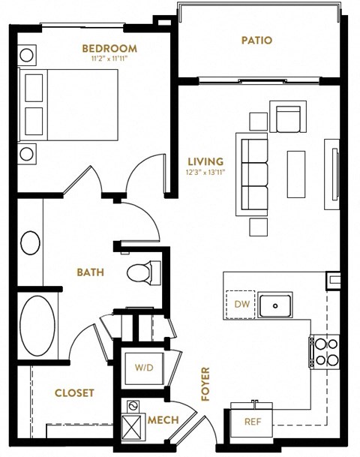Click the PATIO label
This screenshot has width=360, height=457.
(x=256, y=41)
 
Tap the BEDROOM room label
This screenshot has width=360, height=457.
(x=109, y=49)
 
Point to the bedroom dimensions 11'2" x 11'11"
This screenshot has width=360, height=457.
(x=109, y=59)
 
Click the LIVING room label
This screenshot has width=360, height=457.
(x=206, y=161)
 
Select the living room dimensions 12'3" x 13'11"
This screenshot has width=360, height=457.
(x=206, y=171)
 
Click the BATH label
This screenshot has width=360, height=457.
(x=91, y=272)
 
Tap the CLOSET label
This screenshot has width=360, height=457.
(x=74, y=392)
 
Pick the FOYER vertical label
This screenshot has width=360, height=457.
(x=204, y=383)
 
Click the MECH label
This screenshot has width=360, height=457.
(x=163, y=420)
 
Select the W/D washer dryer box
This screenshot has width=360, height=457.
(x=144, y=368)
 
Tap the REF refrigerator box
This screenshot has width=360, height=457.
(x=253, y=422)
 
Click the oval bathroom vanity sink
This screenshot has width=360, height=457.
(x=31, y=243)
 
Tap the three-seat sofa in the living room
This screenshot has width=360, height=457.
(x=253, y=175)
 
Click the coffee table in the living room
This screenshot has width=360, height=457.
(x=296, y=173)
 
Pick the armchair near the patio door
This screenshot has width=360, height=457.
(x=288, y=118)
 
